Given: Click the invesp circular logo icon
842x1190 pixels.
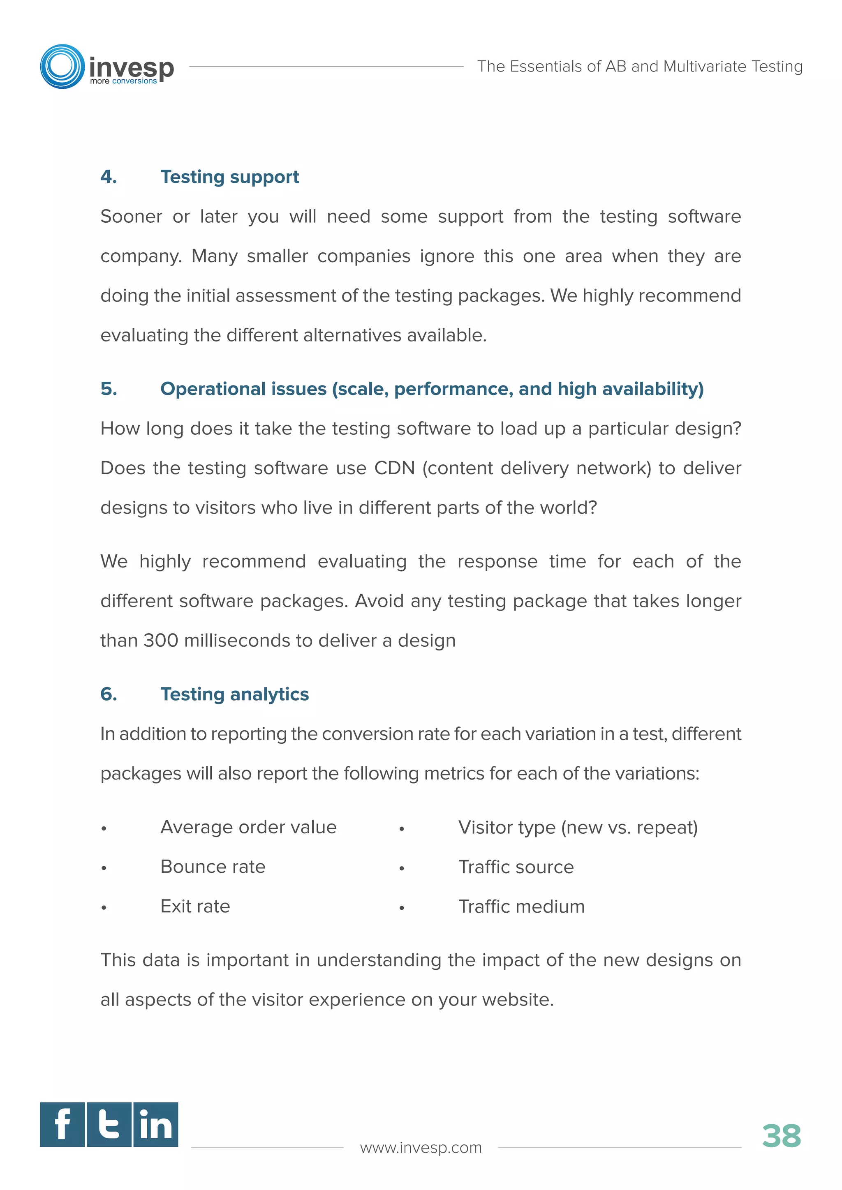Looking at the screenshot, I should coord(62,66).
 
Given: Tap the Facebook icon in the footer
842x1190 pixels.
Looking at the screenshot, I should coord(62,1124).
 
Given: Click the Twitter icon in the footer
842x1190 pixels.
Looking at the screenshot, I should coord(109,1124).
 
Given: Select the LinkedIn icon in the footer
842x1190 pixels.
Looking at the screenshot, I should coord(155,1124).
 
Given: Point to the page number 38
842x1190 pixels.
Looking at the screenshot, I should coord(781,1136).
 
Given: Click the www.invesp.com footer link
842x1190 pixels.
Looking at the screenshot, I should coord(421,1148).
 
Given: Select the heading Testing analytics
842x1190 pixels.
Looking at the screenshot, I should coord(234,694).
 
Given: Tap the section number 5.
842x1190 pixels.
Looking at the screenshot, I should coord(109,389).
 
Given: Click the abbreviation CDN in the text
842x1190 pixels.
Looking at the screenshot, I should coord(395,468).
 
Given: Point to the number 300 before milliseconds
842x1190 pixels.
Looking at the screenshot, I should coord(161,641).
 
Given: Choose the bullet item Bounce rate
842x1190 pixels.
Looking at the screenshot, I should coord(213,867).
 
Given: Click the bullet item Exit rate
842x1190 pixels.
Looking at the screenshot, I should coord(195,906).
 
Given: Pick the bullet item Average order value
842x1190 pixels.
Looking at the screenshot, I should coord(248,827).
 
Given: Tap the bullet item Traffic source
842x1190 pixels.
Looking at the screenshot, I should coord(516,867).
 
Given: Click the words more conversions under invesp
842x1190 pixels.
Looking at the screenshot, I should coord(123,81).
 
